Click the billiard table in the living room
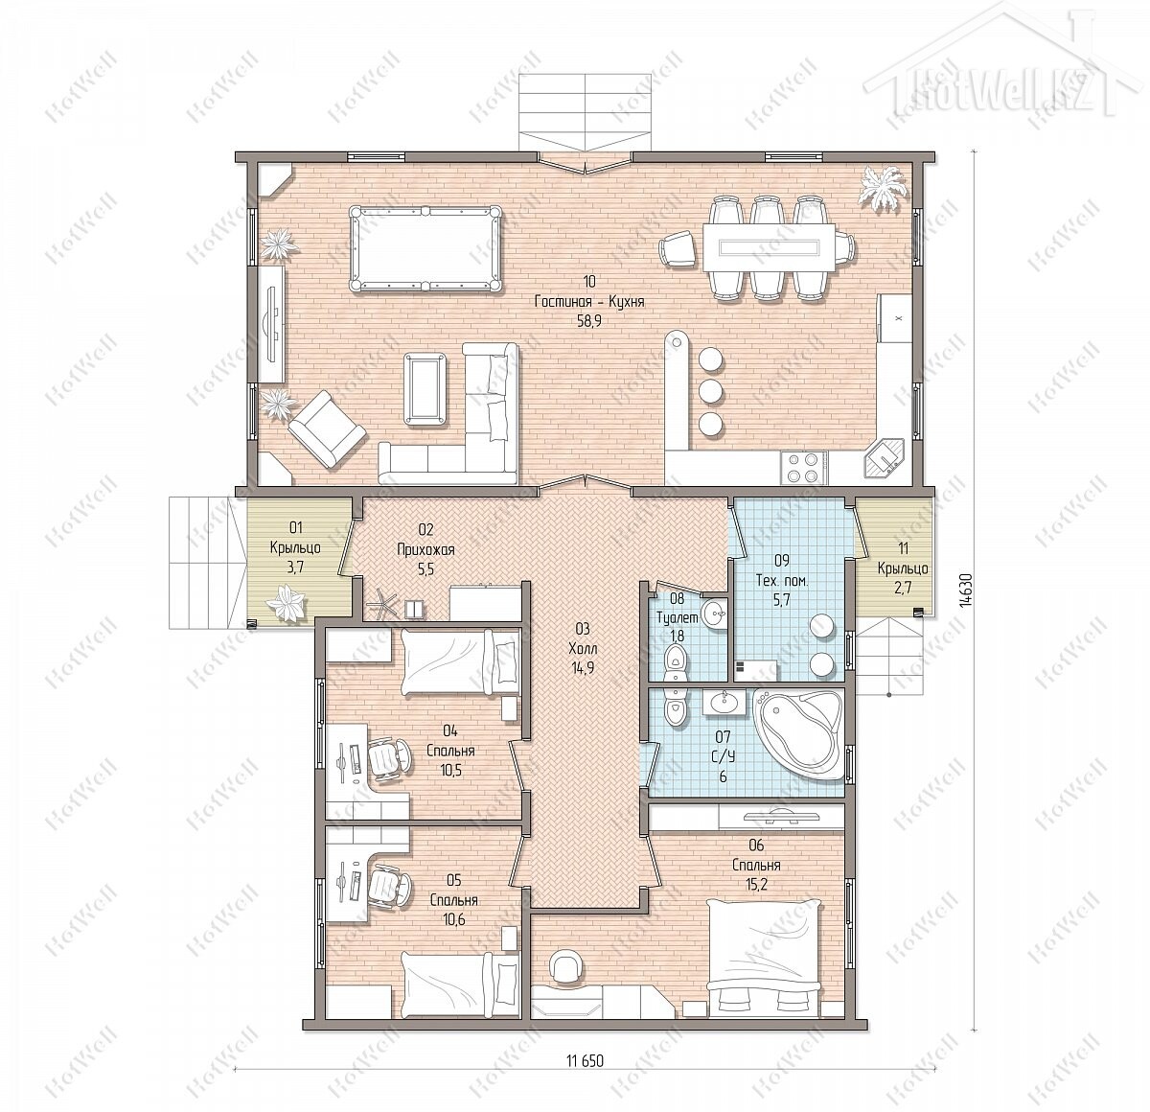[x=425, y=248]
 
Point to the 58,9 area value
[x=588, y=321]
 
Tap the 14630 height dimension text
[x=964, y=590]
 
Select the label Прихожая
[x=425, y=551]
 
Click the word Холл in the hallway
[x=583, y=649]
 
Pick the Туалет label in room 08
[x=678, y=617]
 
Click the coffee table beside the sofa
[x=425, y=388]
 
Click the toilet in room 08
[x=676, y=662]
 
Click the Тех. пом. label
[x=782, y=581]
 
